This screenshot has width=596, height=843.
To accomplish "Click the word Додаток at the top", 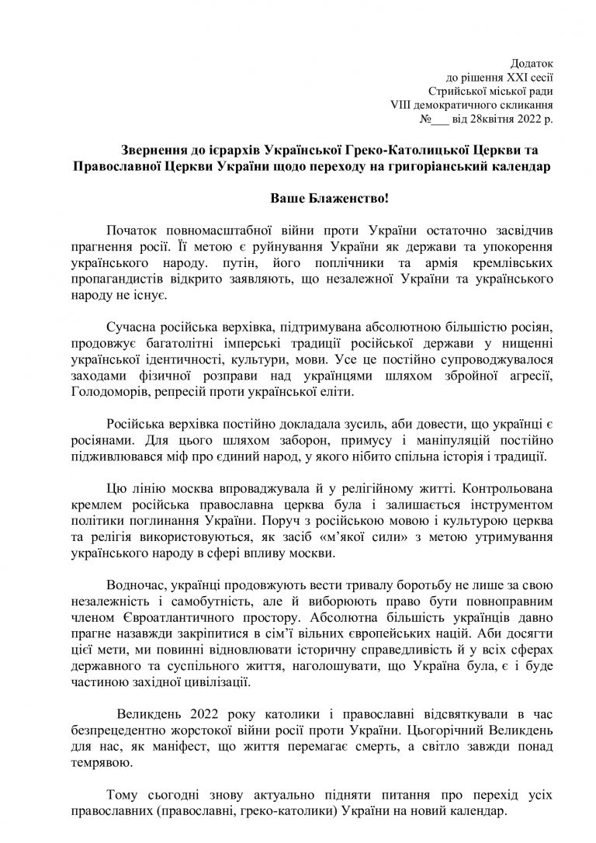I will pos(533,62).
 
